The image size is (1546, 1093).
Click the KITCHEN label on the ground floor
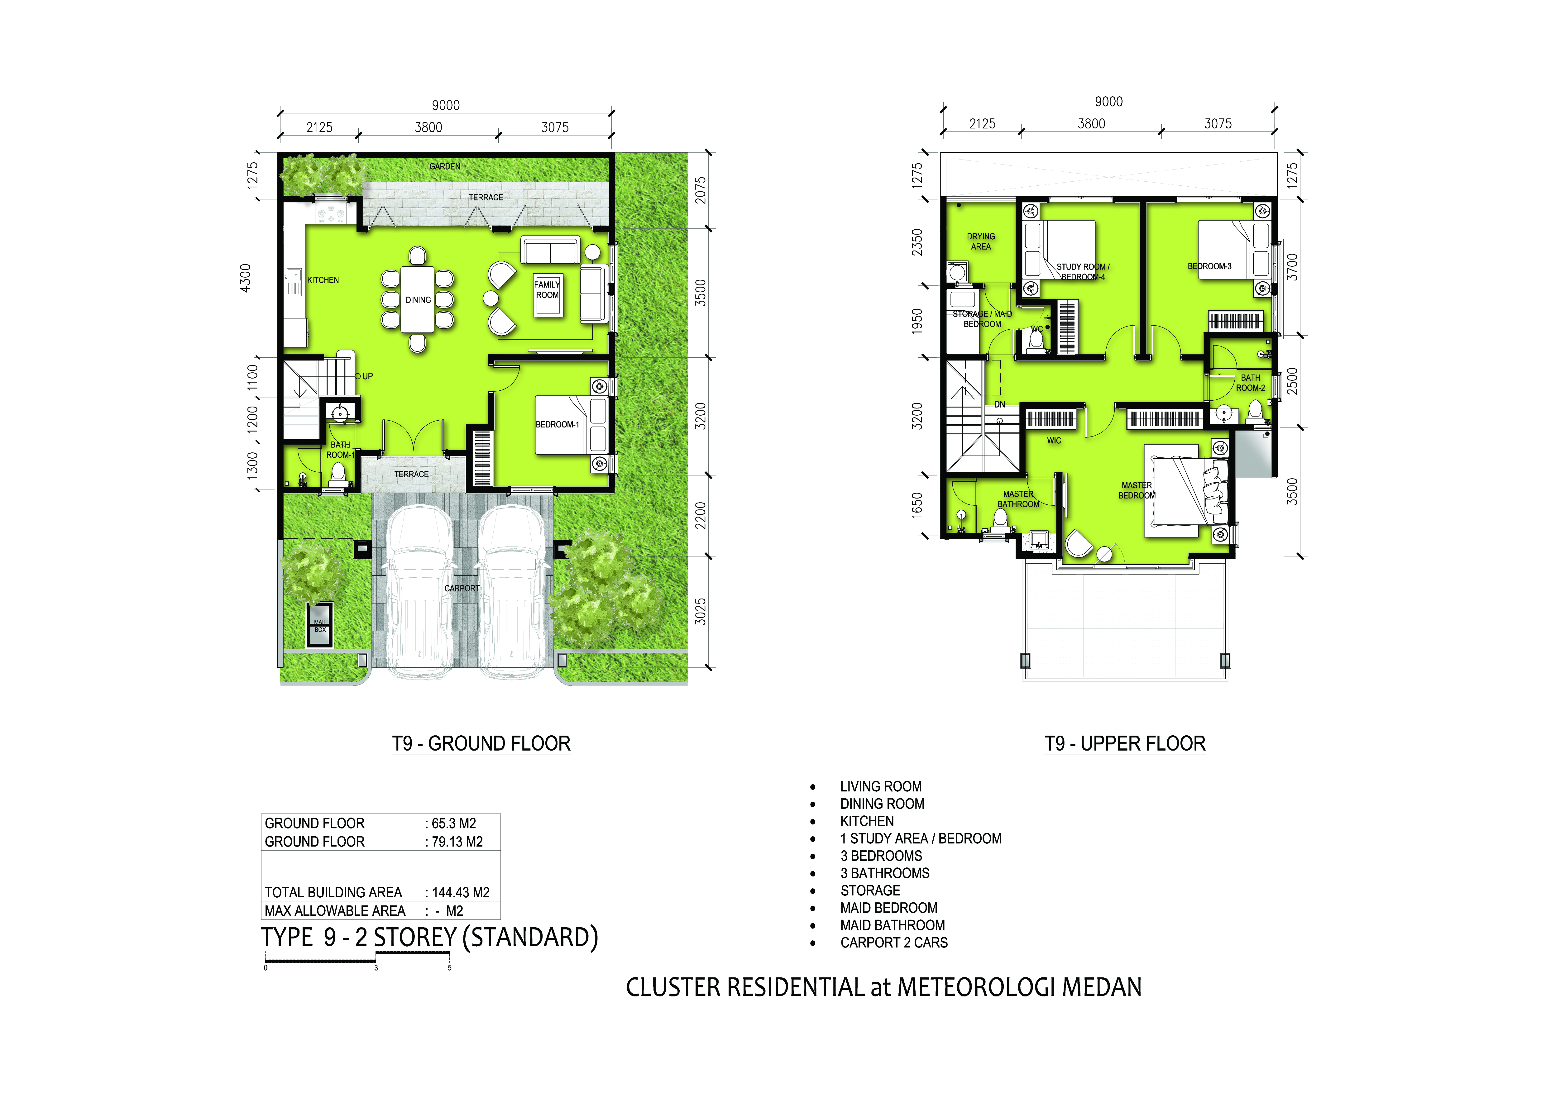323,280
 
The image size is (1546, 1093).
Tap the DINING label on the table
418,300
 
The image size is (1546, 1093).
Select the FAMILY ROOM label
548,289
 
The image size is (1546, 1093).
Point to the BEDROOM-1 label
558,425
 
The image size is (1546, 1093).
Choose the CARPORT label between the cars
462,588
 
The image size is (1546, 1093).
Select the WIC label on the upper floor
1054,441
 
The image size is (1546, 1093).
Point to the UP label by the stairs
367,376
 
